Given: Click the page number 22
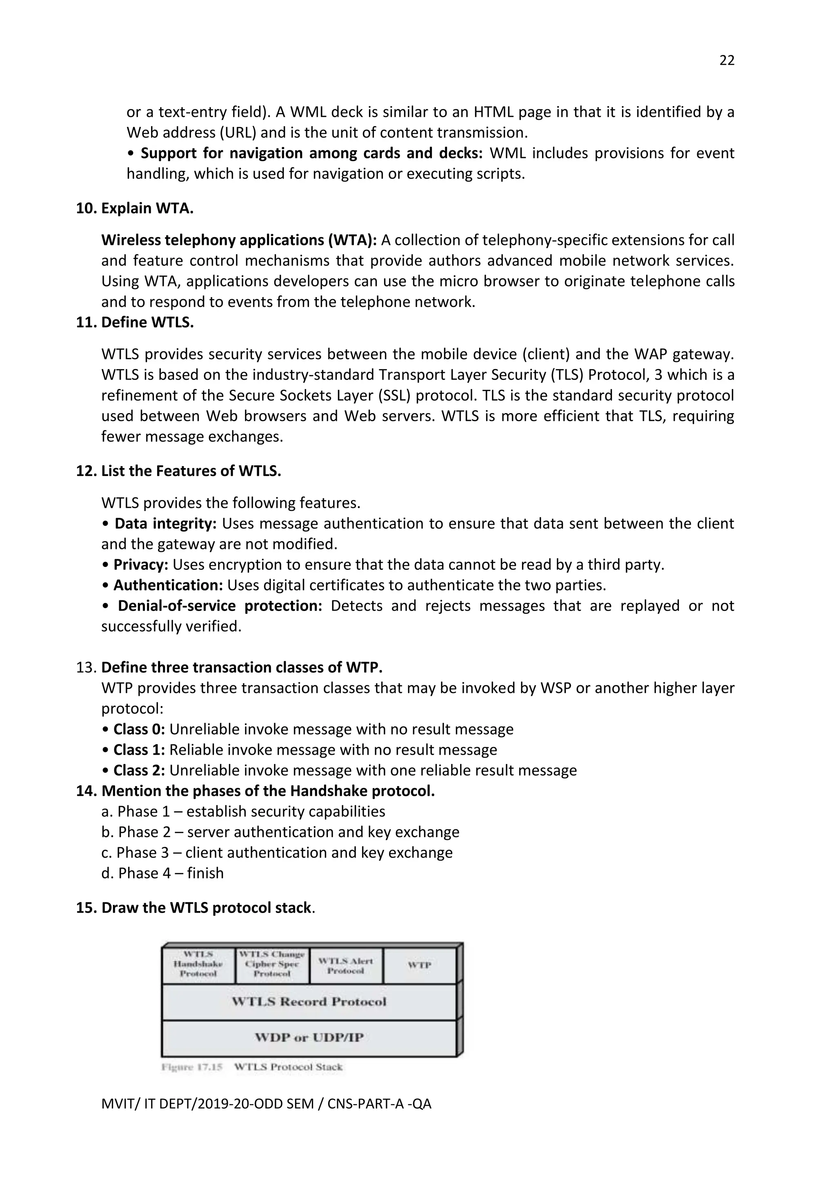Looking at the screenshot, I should click(x=726, y=61).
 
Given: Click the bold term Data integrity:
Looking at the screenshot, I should click(x=165, y=524).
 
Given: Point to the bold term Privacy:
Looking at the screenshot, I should click(x=140, y=565).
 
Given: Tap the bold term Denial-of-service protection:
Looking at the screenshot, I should click(x=220, y=606).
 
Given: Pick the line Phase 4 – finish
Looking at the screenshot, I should click(x=163, y=873).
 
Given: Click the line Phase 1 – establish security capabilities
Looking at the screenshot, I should click(x=243, y=812).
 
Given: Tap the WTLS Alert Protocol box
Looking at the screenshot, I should click(x=345, y=966).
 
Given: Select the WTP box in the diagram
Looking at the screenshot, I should click(x=420, y=965).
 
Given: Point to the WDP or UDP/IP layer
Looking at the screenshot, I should click(x=309, y=1038).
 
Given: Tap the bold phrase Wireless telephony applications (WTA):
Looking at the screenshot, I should click(x=239, y=240).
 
